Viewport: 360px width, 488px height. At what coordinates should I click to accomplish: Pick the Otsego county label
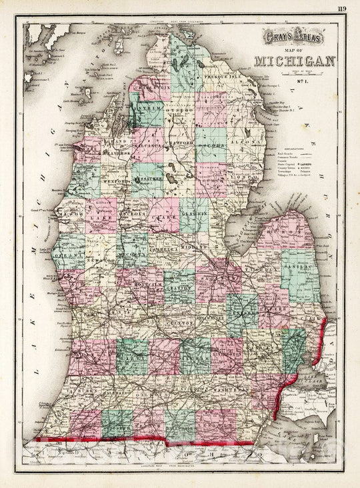point(179,111)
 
